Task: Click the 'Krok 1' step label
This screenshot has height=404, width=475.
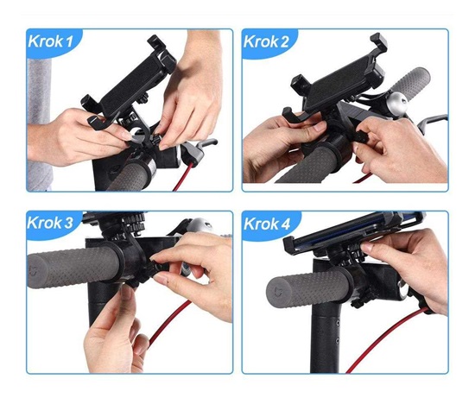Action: pyautogui.click(x=51, y=41)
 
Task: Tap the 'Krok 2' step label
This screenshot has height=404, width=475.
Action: pyautogui.click(x=266, y=41)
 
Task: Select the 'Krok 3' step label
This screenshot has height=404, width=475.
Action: pyautogui.click(x=50, y=223)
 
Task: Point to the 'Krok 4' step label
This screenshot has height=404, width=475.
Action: pyautogui.click(x=267, y=224)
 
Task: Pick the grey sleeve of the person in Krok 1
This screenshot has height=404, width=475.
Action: pyautogui.click(x=39, y=121)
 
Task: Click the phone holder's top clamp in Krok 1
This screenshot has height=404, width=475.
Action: pyautogui.click(x=157, y=43)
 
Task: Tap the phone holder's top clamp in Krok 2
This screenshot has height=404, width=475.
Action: pyautogui.click(x=378, y=41)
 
